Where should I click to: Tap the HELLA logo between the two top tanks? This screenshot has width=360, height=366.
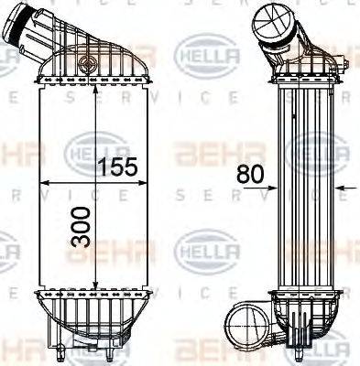point(206,48)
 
